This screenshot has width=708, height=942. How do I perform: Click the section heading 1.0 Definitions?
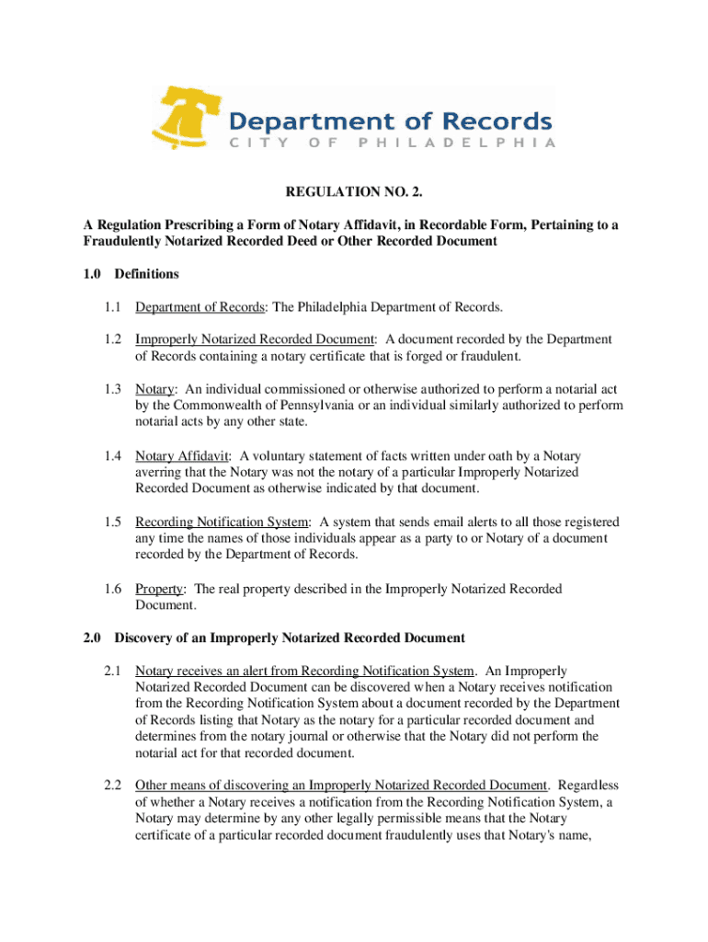click(131, 274)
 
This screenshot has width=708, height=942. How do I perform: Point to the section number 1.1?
click(112, 306)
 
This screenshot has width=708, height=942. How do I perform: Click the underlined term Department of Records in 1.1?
click(200, 306)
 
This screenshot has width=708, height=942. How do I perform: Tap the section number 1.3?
click(112, 389)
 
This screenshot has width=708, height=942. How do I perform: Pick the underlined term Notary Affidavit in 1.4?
click(182, 455)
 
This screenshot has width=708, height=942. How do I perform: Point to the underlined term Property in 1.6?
click(159, 588)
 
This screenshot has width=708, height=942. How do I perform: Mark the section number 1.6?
click(112, 588)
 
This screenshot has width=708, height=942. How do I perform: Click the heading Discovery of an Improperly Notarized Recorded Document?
click(290, 638)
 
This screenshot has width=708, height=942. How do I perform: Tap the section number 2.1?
click(112, 671)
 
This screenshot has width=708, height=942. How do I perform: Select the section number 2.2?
click(112, 786)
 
